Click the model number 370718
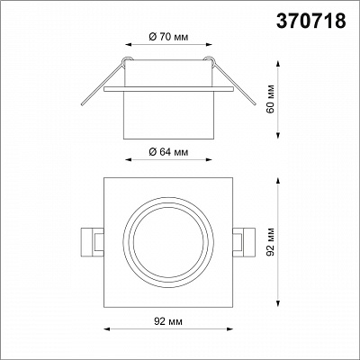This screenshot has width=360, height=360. click(311, 22)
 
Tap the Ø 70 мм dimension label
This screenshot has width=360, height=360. click(168, 37)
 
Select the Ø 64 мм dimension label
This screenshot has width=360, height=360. click(168, 152)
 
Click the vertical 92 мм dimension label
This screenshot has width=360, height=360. click(271, 242)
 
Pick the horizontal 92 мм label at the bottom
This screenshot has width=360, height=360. click(168, 321)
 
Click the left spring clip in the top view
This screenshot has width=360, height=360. click(92, 242)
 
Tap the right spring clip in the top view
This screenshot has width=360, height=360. click(244, 242)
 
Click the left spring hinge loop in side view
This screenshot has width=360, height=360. click(127, 59)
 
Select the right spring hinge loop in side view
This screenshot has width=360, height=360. click(209, 59)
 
